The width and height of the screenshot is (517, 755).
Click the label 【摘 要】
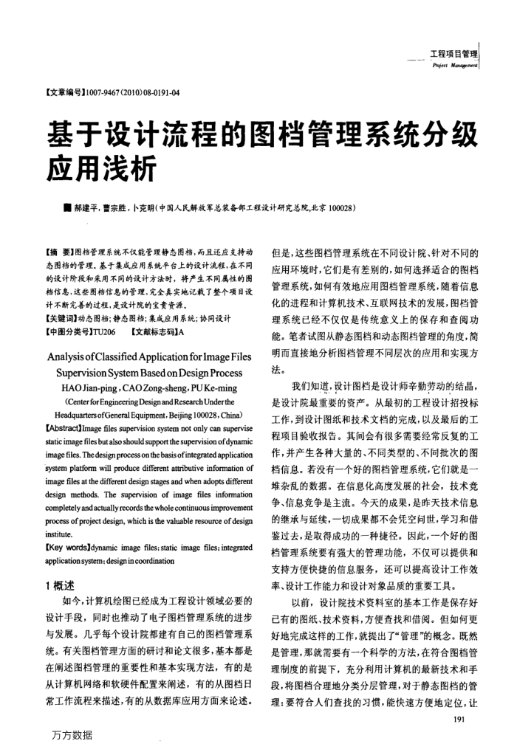tap(62, 252)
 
